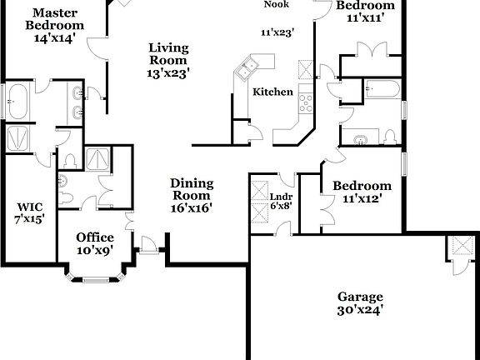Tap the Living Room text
pyautogui.click(x=167, y=59)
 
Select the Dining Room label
pyautogui.click(x=192, y=195)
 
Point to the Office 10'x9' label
pyautogui.click(x=95, y=242)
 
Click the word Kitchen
pyautogui.click(x=272, y=91)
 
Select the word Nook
pyautogui.click(x=277, y=4)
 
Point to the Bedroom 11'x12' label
pyautogui.click(x=362, y=192)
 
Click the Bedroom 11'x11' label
pyautogui.click(x=365, y=11)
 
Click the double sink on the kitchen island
pyautogui.click(x=248, y=67)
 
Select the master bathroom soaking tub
pyautogui.click(x=17, y=102)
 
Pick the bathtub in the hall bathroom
pyautogui.click(x=382, y=87)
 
